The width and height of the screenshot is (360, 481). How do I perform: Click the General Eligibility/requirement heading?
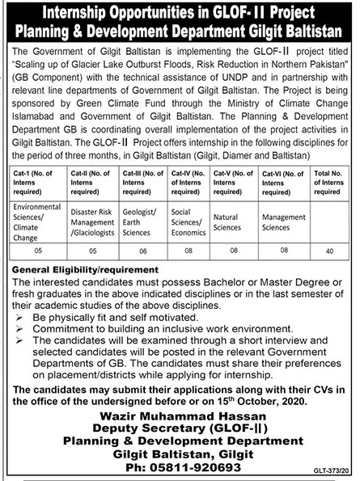(x=85, y=268)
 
